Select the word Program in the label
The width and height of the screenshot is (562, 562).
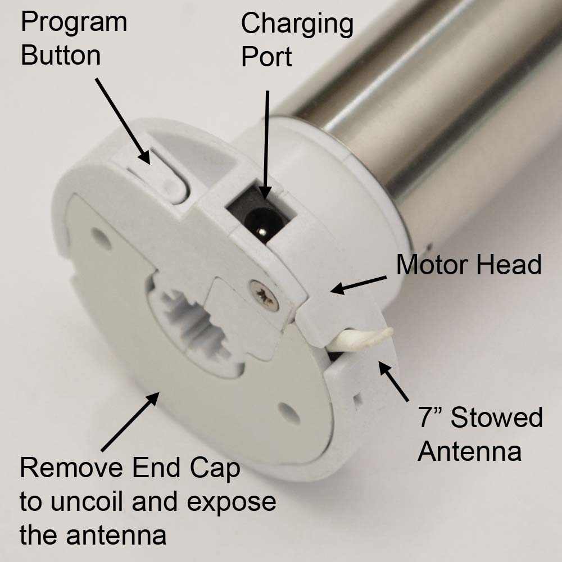(x=74, y=23)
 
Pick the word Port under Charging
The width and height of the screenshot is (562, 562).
(x=266, y=56)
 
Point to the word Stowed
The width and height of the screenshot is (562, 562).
(x=496, y=417)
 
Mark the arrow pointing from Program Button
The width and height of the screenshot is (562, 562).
(x=123, y=121)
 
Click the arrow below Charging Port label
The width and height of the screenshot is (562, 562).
(x=266, y=145)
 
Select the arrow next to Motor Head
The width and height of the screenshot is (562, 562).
(x=358, y=284)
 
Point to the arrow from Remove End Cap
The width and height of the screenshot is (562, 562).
(x=130, y=422)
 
